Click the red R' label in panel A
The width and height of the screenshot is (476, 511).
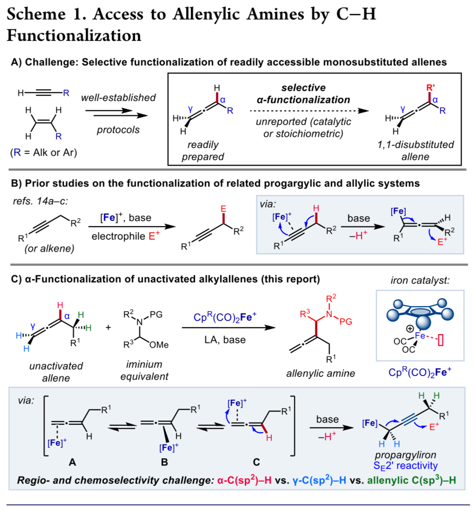tap(430, 87)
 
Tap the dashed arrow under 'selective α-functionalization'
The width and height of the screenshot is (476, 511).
tap(309, 111)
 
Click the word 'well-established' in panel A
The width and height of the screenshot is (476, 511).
tap(118, 97)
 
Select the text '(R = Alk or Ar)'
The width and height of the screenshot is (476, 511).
tap(44, 152)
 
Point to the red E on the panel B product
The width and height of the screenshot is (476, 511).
tap(223, 208)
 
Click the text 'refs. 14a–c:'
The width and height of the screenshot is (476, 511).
tap(40, 201)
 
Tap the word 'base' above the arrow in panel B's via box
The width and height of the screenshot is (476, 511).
tap(358, 218)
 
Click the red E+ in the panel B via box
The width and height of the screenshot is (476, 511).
tap(442, 242)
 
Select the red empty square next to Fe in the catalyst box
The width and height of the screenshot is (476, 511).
tap(441, 341)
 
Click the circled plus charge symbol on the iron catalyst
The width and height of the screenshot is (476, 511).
tap(410, 329)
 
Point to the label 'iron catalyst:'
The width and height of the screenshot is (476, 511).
tap(420, 280)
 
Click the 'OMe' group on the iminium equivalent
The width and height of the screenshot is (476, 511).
tap(159, 345)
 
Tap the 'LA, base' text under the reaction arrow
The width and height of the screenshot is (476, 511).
tap(225, 340)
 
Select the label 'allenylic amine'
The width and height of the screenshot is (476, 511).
tap(321, 373)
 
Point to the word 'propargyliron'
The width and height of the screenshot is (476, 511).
tap(405, 455)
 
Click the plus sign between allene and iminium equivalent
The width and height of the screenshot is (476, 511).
tap(108, 327)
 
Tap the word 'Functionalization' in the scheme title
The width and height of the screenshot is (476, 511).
tap(74, 35)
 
